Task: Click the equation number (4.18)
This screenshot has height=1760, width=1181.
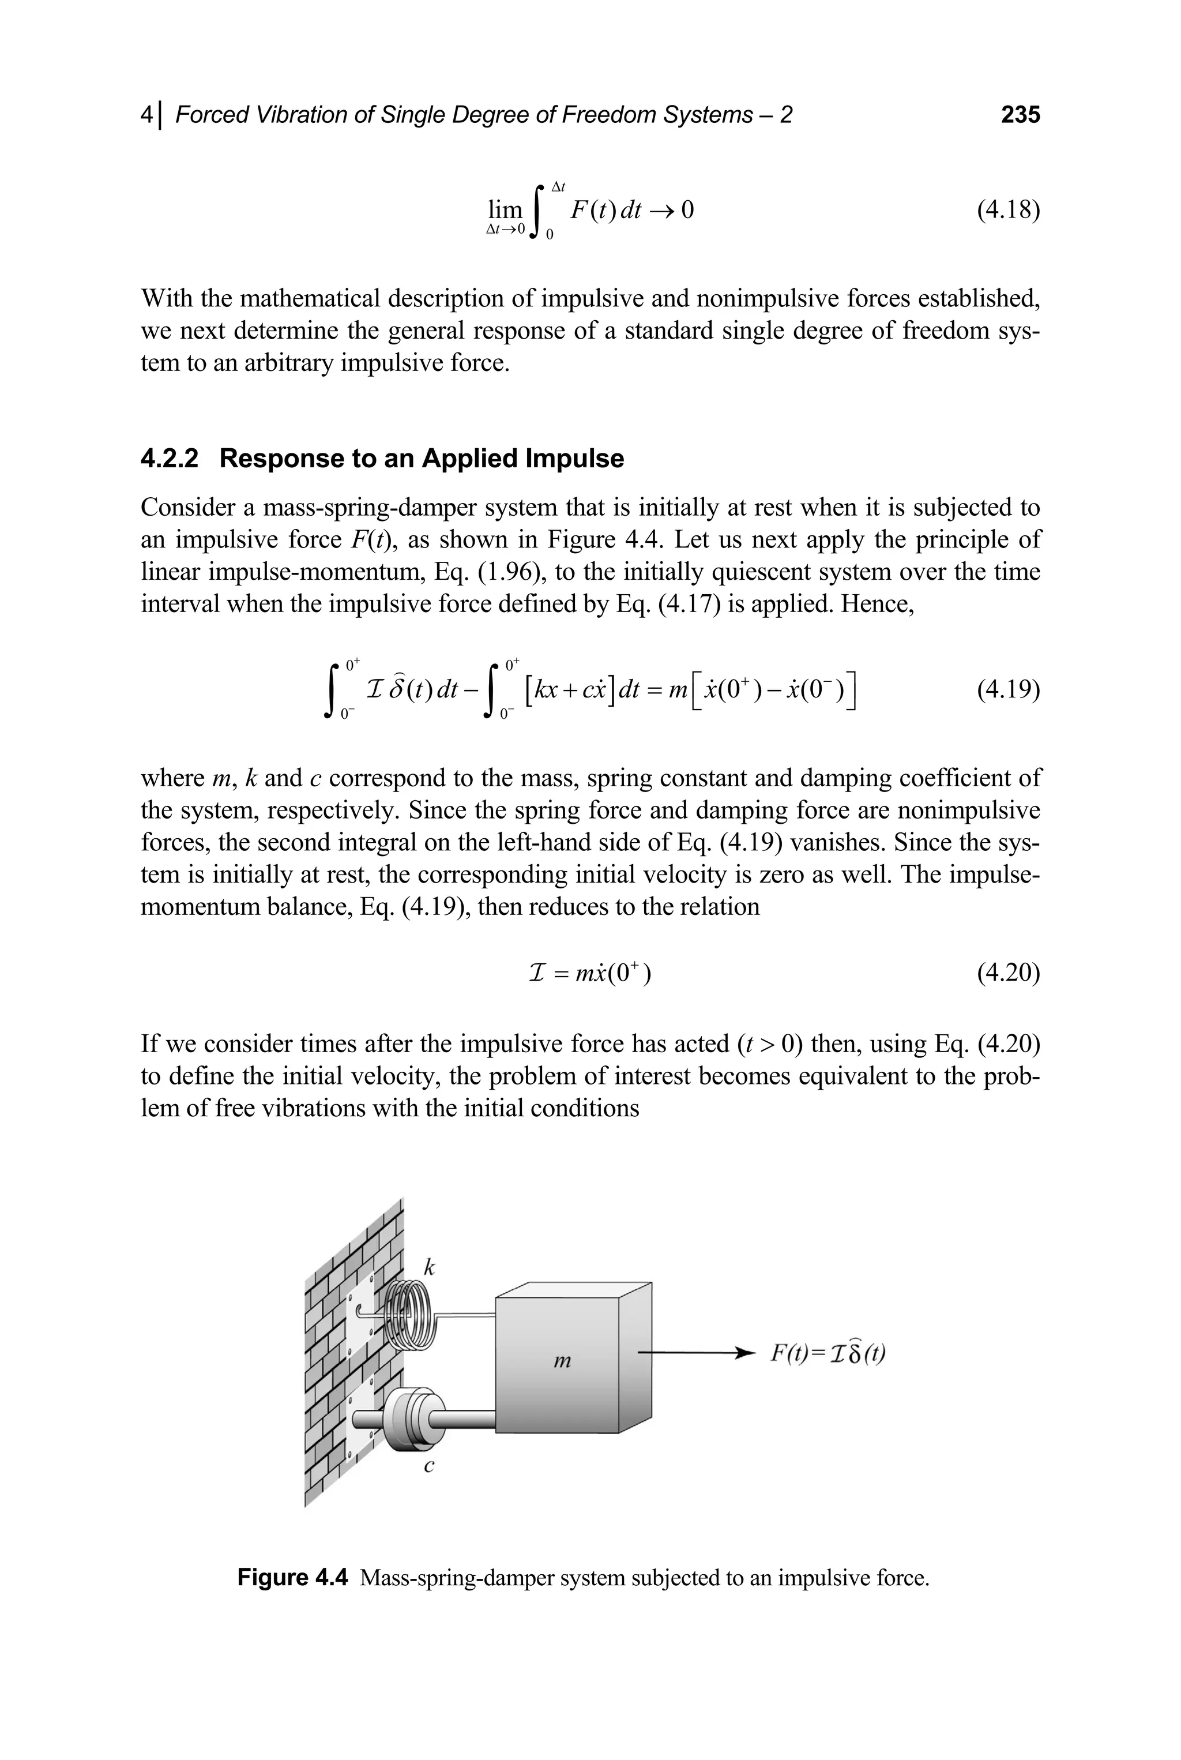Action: coord(1008,209)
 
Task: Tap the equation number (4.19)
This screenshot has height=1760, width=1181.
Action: coord(1008,689)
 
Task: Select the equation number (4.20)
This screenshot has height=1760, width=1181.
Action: coord(1008,973)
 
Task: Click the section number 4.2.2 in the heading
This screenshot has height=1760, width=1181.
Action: coord(170,458)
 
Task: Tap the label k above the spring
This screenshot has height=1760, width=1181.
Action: coord(428,1267)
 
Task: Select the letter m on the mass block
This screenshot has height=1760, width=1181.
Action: coord(562,1361)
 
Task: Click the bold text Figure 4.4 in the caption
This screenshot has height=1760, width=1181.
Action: coord(292,1577)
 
